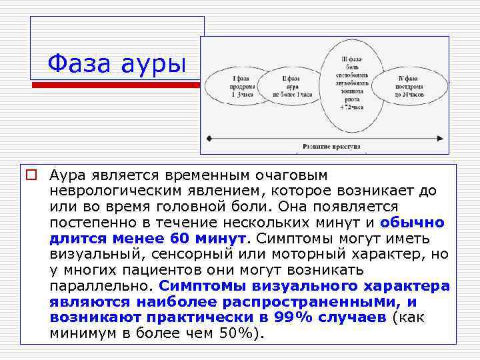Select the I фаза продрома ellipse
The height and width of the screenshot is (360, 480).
pos(233,85)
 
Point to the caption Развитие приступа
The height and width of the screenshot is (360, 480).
pos(331,145)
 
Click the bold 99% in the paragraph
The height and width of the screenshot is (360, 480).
pos(295,317)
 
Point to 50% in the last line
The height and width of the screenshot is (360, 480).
pos(237,333)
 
